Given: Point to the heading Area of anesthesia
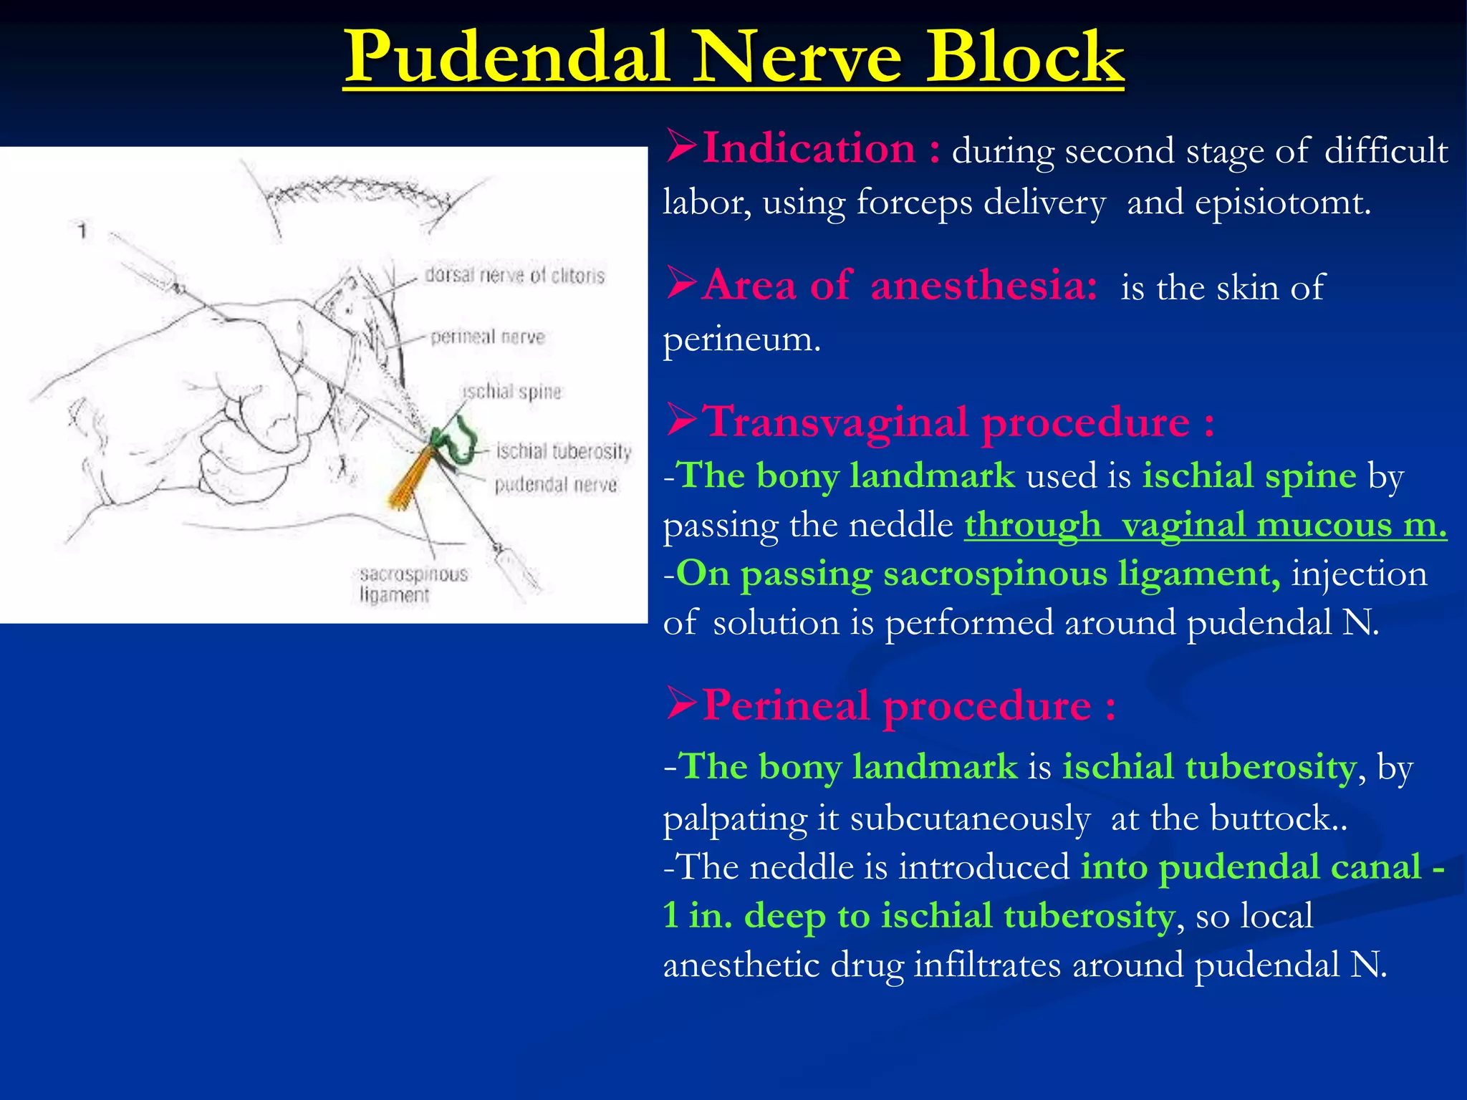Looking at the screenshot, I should pyautogui.click(x=899, y=286).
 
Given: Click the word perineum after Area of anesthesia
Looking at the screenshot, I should pyautogui.click(x=741, y=339).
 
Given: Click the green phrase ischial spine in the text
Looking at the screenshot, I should pyautogui.click(x=1249, y=476).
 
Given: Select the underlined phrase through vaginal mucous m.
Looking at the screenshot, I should pyautogui.click(x=1206, y=526).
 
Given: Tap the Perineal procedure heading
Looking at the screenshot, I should pyautogui.click(x=908, y=705).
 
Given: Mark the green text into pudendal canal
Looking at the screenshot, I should pyautogui.click(x=1250, y=867).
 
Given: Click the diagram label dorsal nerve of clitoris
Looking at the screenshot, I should pyautogui.click(x=514, y=276).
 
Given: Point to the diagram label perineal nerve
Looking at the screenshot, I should pyautogui.click(x=487, y=337).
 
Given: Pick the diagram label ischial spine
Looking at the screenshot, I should pyautogui.click(x=512, y=392).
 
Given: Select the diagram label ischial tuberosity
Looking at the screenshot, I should pyautogui.click(x=564, y=451).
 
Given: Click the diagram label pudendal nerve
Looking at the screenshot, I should pyautogui.click(x=555, y=485).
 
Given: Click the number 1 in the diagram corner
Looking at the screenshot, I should pyautogui.click(x=83, y=231).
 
